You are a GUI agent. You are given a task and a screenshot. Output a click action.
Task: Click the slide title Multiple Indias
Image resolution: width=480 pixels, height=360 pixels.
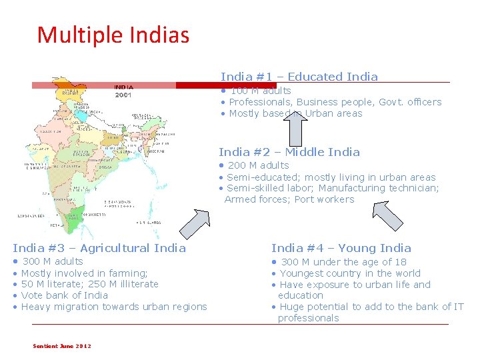tap(113, 35)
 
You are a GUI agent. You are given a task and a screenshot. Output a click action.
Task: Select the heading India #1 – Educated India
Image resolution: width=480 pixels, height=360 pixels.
tap(299, 77)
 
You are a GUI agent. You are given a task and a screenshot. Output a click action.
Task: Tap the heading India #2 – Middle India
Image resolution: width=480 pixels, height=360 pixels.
tap(289, 152)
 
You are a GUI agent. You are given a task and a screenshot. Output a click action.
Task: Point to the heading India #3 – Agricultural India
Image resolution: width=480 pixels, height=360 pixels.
tap(99, 248)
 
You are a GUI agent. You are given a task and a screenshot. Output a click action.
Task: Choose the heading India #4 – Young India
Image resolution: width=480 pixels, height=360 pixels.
tap(341, 248)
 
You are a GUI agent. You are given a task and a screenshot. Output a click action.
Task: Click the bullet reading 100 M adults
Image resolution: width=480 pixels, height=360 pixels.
tap(260, 91)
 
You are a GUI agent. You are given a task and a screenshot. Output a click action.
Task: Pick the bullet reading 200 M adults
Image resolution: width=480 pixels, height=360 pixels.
tap(258, 165)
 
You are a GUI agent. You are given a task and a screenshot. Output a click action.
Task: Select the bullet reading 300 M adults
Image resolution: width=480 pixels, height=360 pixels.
tap(53, 261)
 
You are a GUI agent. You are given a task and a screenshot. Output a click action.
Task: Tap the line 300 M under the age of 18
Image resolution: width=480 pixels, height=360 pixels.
tap(343, 262)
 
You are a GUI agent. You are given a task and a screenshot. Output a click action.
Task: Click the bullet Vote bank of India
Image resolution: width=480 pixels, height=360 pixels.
tap(64, 295)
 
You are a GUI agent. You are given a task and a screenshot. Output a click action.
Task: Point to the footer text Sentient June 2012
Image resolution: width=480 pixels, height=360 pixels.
tap(62, 345)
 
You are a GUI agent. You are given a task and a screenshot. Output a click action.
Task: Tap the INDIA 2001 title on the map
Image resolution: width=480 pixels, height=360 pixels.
tap(124, 91)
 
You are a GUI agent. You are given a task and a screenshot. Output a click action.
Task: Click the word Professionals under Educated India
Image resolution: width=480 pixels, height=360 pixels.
tap(260, 102)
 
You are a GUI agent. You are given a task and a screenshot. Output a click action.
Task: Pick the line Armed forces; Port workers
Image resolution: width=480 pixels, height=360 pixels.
tap(289, 199)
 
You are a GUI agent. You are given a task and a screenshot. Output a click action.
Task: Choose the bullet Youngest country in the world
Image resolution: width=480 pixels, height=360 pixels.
tap(350, 273)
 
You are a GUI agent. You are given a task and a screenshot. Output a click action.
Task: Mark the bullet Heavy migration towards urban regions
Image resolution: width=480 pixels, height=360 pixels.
tap(114, 307)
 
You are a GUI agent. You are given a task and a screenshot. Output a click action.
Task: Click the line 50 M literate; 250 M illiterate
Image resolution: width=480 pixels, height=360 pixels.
tap(89, 284)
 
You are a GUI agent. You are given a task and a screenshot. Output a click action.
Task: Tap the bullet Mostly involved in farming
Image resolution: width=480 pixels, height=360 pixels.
tap(84, 273)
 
